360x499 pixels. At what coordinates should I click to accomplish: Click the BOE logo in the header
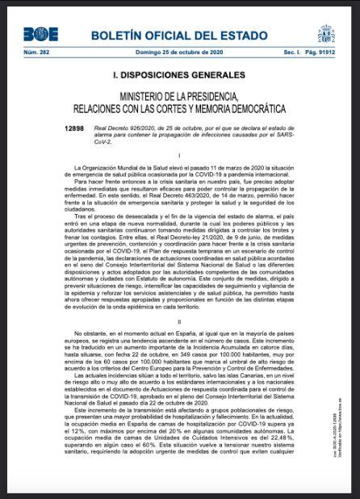click(40, 34)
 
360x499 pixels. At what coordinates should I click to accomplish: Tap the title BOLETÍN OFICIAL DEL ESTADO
click(178, 36)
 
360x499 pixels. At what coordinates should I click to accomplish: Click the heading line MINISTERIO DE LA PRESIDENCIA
click(178, 96)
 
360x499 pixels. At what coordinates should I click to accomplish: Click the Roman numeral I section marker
click(178, 154)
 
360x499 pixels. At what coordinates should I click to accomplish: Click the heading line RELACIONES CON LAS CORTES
click(178, 108)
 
